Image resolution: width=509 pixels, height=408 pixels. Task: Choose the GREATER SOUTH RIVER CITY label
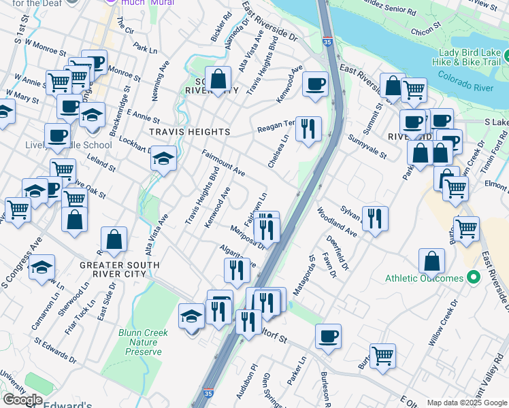119,269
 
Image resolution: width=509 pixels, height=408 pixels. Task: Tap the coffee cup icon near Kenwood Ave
315,84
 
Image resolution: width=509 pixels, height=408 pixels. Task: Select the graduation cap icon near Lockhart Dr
163,159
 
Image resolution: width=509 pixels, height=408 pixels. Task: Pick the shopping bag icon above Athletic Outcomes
431,260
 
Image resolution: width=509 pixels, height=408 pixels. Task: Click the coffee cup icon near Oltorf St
328,336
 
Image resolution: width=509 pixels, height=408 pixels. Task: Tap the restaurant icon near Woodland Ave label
375,218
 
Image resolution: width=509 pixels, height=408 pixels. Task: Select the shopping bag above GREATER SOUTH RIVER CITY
114,239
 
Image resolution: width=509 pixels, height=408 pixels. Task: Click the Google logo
22,400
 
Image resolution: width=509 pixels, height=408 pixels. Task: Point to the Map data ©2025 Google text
467,402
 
